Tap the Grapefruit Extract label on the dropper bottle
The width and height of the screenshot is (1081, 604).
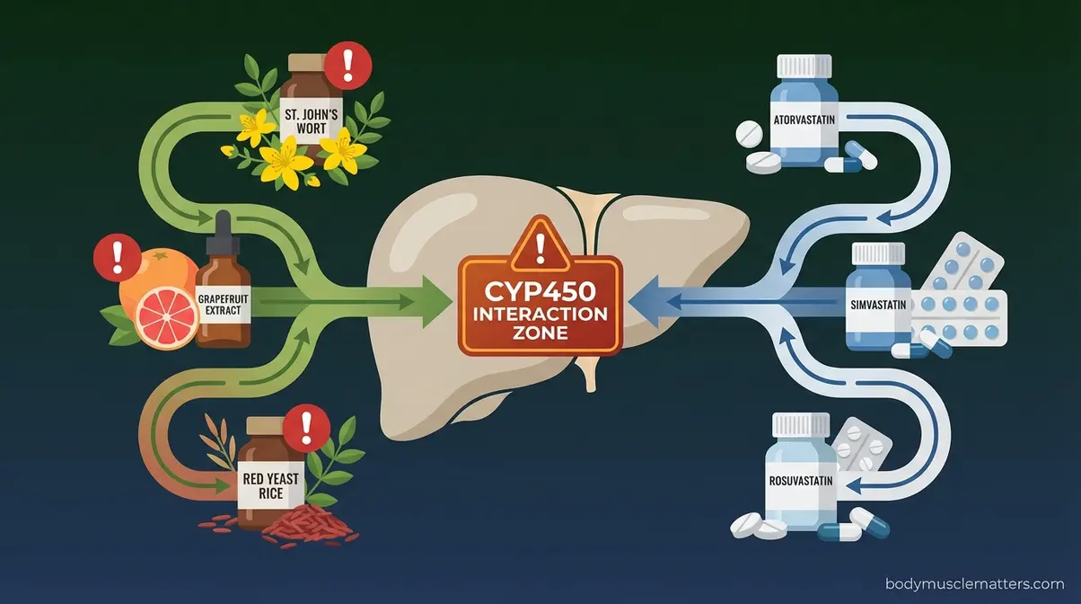[223, 306]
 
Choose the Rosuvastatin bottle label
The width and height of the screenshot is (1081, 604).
[800, 481]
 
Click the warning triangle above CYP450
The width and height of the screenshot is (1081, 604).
[539, 244]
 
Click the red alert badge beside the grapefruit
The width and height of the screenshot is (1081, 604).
[114, 258]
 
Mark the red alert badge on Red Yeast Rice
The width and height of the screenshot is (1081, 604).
[308, 425]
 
